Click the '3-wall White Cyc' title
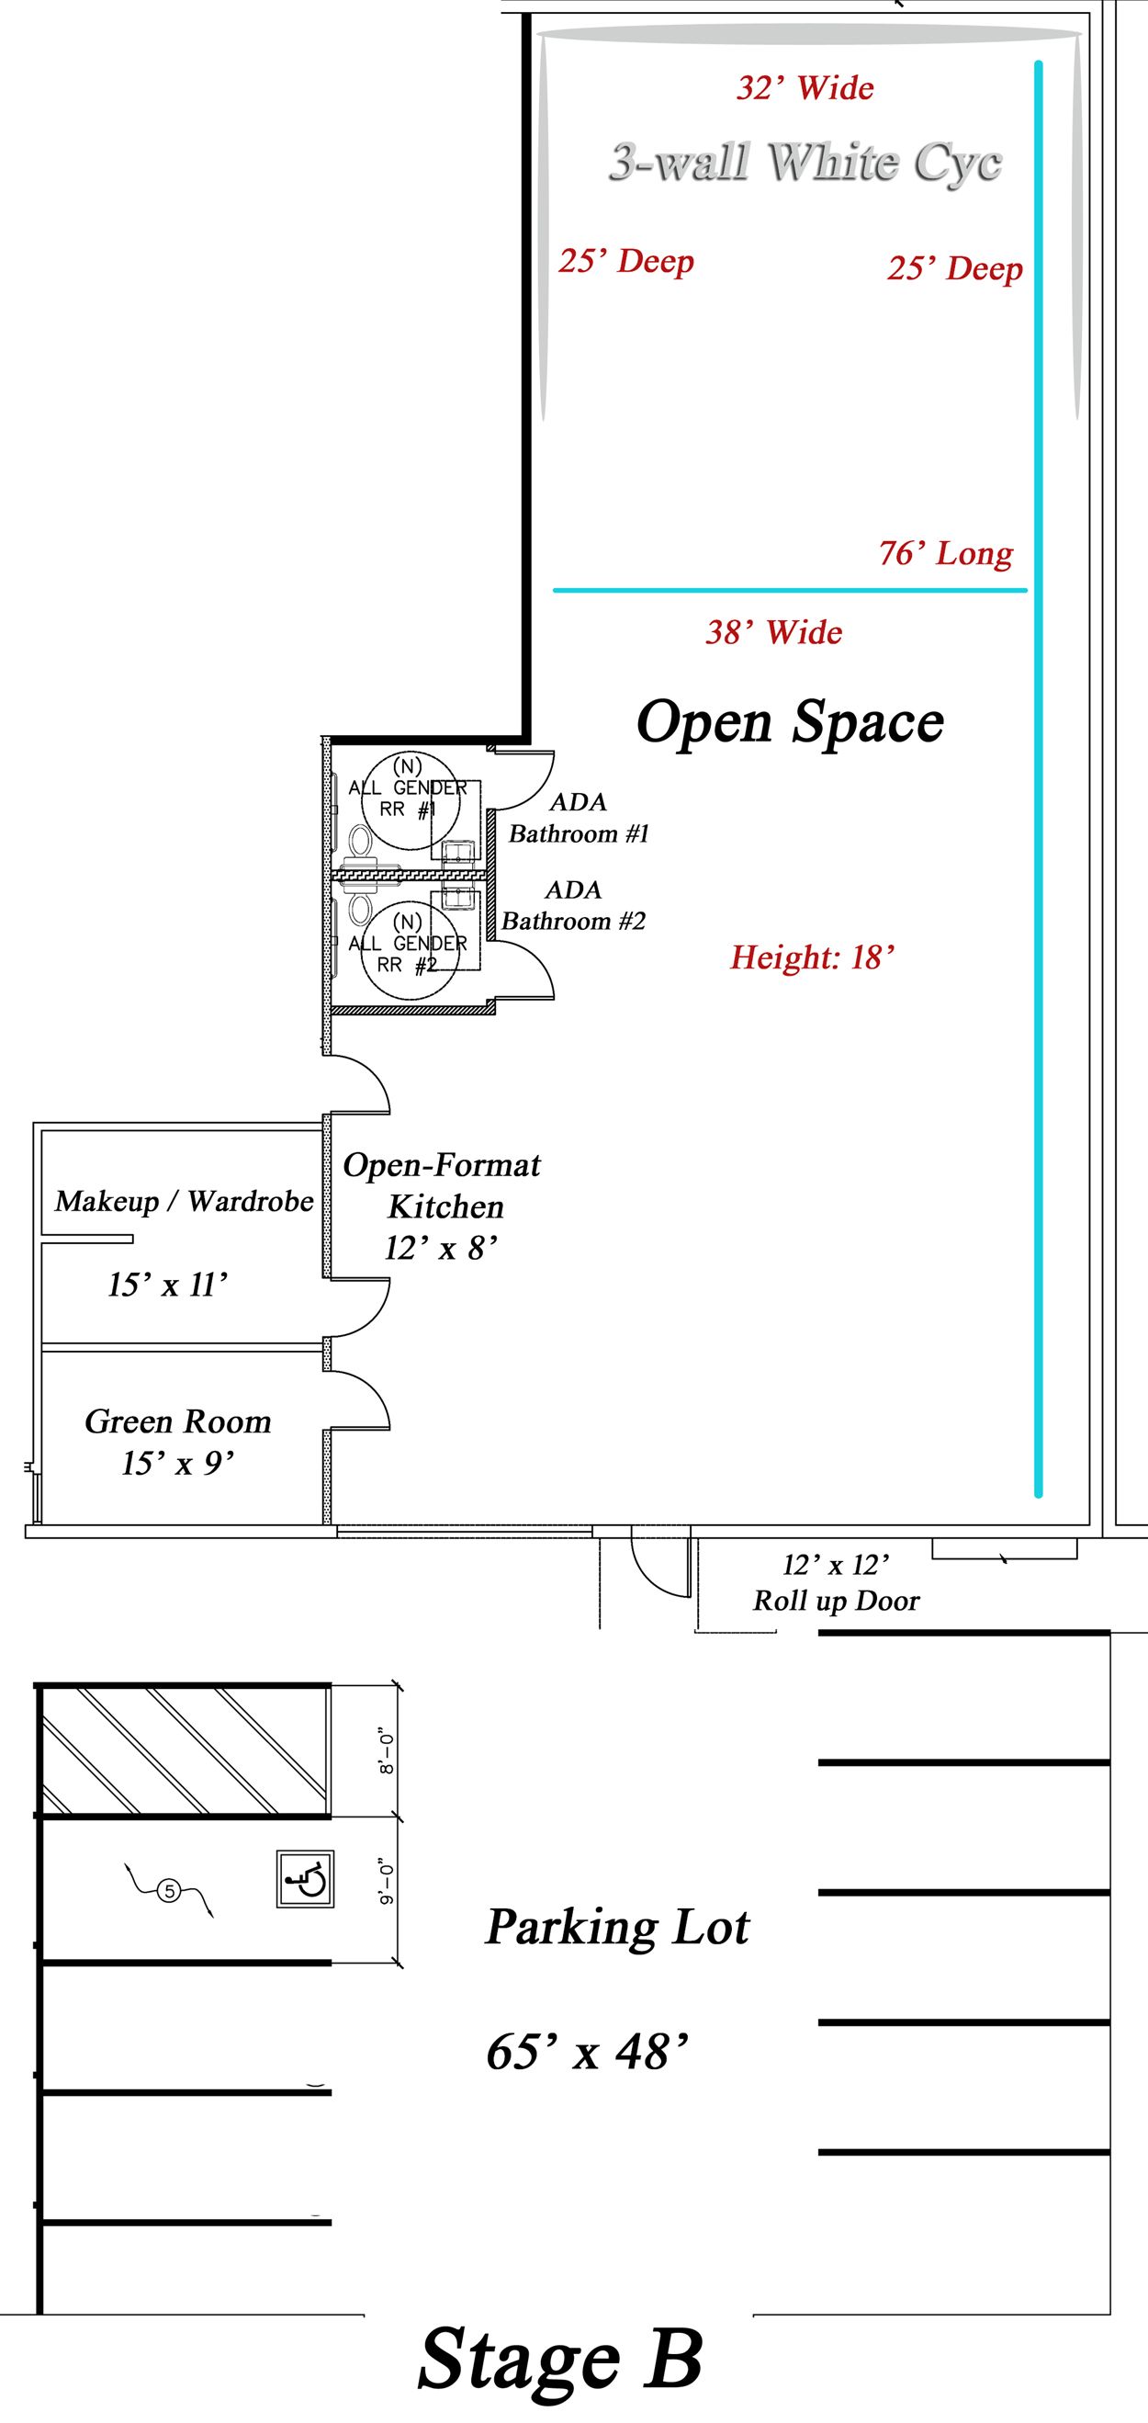[x=805, y=163]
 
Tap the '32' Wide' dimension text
[x=805, y=88]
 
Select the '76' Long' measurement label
[x=946, y=553]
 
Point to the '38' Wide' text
[x=774, y=632]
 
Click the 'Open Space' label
[x=790, y=722]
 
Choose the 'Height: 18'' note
[x=813, y=957]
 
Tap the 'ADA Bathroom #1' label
[x=579, y=819]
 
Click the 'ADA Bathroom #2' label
[x=573, y=905]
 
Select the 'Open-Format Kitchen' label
[x=442, y=1185]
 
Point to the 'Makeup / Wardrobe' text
[x=185, y=1201]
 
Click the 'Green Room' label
[x=177, y=1421]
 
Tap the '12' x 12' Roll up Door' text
[x=836, y=1583]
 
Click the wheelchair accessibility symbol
[x=306, y=1879]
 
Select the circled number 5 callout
[x=168, y=1890]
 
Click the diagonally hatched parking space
[x=186, y=1750]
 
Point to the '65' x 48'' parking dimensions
[x=588, y=2052]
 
